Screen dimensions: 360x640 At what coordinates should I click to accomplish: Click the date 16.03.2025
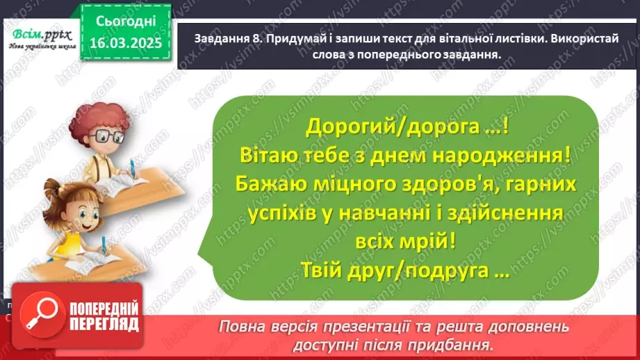[x=125, y=44]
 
